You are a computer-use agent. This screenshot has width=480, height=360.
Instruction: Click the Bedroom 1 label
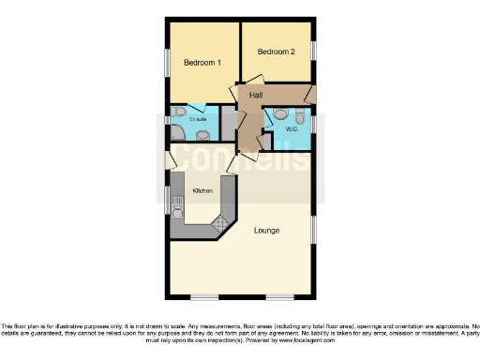(x=202, y=63)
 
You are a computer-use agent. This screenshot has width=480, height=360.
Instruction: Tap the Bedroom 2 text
(x=277, y=52)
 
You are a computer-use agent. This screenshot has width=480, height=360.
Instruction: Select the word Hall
(x=255, y=96)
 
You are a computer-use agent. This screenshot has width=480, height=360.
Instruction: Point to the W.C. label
(x=291, y=129)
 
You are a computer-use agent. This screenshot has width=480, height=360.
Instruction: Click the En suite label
(x=198, y=119)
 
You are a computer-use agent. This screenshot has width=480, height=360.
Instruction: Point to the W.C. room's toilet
(x=299, y=117)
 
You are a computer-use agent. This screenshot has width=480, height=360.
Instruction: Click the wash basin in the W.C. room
(x=278, y=116)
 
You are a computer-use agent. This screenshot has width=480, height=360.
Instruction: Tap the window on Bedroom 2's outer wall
(x=313, y=51)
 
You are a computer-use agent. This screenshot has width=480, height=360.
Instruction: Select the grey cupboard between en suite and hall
(x=228, y=125)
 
